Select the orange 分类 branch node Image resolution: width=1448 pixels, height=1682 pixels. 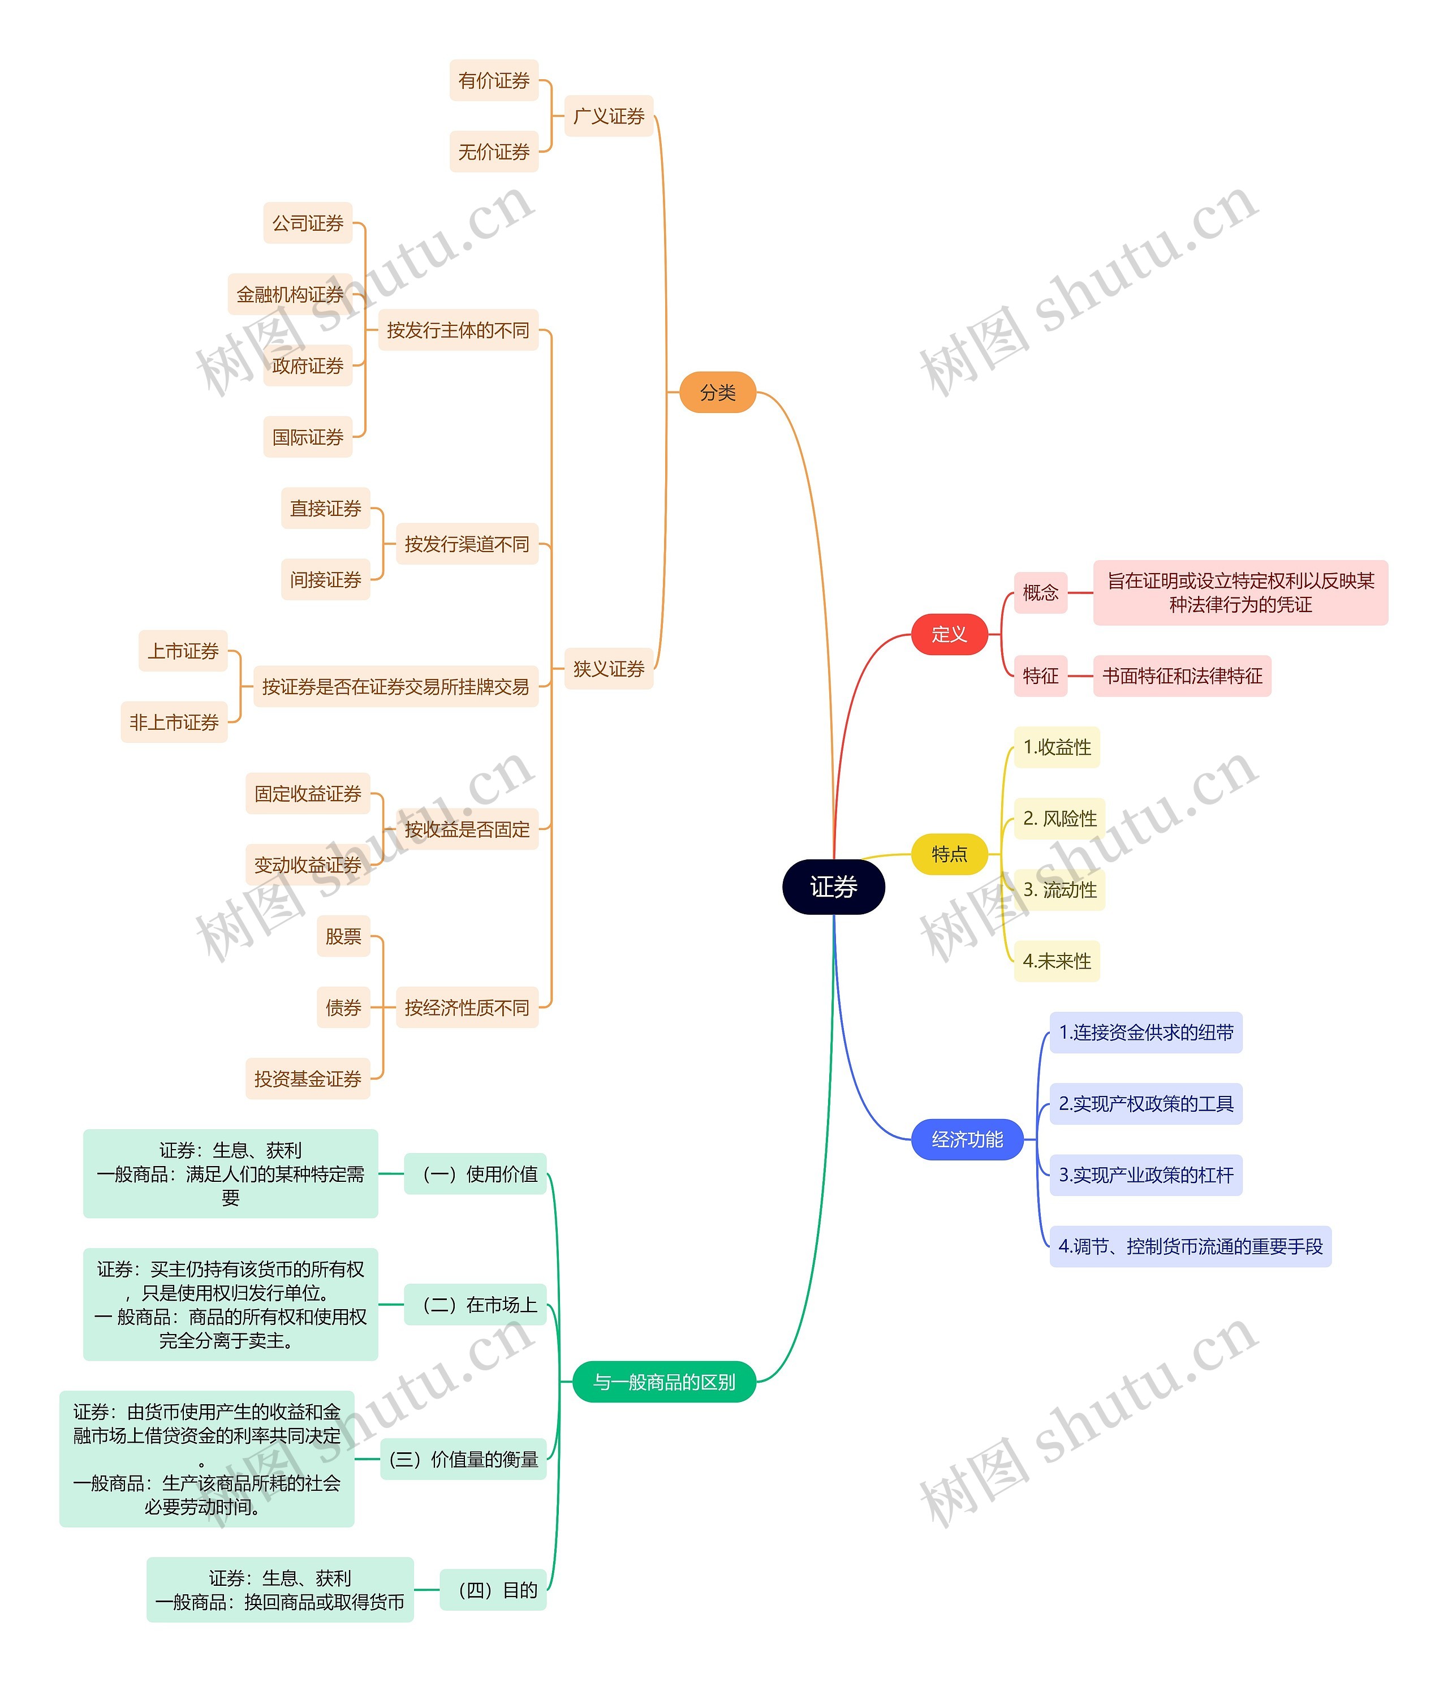point(718,392)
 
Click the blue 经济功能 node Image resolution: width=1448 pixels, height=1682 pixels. point(967,1140)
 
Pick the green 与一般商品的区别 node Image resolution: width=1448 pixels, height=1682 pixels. point(664,1382)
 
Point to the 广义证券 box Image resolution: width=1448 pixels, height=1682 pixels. point(609,116)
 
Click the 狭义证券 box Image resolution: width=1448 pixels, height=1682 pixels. point(609,669)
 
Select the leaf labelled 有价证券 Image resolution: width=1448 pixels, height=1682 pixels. point(493,80)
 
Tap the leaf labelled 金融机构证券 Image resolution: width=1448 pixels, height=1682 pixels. point(290,295)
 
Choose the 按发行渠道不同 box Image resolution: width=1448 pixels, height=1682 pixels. point(467,544)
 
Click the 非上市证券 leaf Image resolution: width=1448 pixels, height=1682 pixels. point(174,722)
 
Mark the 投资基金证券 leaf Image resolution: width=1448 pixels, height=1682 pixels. point(308,1079)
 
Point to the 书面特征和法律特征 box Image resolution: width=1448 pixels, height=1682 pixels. point(1182,676)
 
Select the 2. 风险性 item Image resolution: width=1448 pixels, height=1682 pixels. point(1059,818)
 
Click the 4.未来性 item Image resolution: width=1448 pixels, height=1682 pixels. point(1057,961)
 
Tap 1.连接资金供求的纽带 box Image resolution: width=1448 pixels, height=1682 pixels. point(1145,1033)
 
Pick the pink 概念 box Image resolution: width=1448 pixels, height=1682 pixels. point(1041,592)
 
